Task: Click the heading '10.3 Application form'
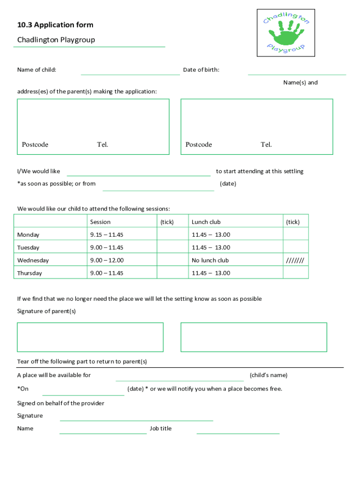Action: click(x=55, y=25)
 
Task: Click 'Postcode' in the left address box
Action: click(x=35, y=145)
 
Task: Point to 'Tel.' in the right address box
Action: click(x=266, y=145)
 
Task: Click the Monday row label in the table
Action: click(x=29, y=234)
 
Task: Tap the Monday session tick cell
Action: click(x=172, y=234)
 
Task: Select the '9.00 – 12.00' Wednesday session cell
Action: click(x=107, y=260)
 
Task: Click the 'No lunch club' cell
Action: click(x=210, y=260)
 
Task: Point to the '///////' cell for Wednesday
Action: click(x=295, y=260)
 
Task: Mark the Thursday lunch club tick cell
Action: click(x=295, y=273)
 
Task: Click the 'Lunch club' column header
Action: click(x=206, y=222)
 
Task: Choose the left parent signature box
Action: click(x=90, y=337)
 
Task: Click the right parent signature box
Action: click(x=253, y=337)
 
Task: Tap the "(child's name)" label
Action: click(x=268, y=375)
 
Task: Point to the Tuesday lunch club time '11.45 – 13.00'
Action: click(x=211, y=247)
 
